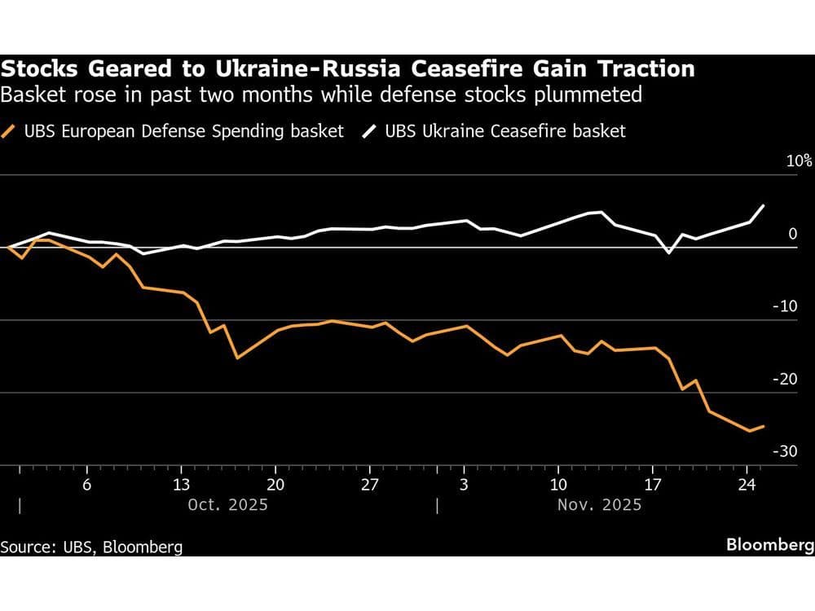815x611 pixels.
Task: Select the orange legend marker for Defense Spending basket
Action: coord(10,130)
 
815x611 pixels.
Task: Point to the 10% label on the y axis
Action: coord(799,160)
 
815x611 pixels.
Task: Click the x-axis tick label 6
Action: coord(86,483)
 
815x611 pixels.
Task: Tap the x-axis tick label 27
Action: coord(370,483)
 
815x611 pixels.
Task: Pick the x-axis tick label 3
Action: coord(464,483)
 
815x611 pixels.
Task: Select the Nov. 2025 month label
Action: coord(599,505)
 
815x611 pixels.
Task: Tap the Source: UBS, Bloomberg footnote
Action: coord(91,547)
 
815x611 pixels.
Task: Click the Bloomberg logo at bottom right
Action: coord(769,545)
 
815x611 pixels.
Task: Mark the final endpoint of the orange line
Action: coord(764,426)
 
